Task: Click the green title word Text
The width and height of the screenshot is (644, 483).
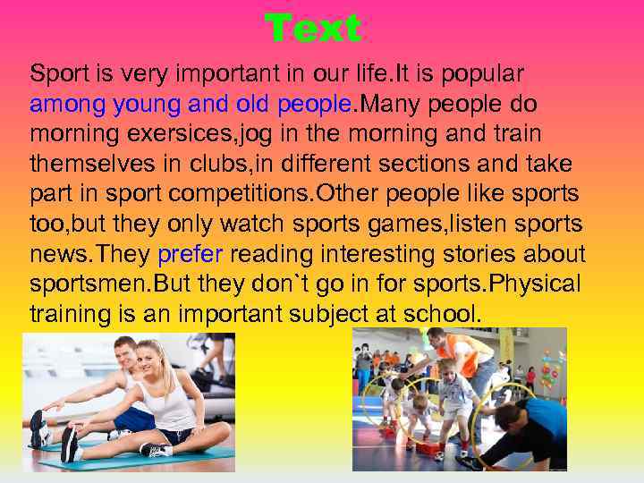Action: point(313,29)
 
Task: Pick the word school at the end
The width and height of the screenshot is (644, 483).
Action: point(445,315)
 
